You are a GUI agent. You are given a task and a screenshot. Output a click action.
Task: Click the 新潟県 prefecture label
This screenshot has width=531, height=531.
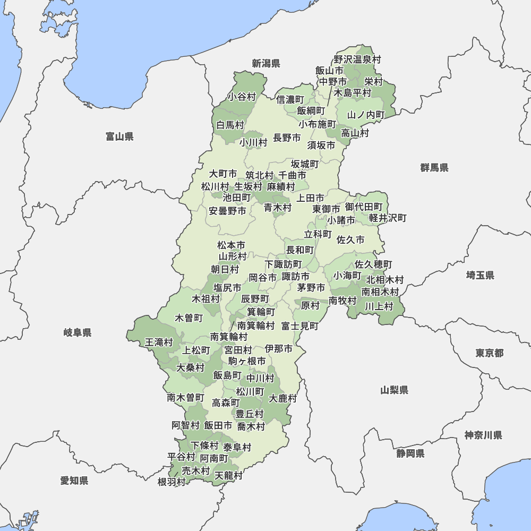(x=265, y=64)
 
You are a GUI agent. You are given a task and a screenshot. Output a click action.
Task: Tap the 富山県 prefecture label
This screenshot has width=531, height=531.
(x=119, y=137)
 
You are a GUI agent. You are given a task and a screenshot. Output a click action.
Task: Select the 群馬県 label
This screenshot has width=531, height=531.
(x=434, y=168)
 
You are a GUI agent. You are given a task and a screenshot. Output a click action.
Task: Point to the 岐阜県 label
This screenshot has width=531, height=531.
(x=78, y=333)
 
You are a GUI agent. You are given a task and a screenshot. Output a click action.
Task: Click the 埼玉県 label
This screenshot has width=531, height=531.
(x=480, y=275)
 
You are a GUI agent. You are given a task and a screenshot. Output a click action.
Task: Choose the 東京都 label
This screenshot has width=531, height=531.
(x=489, y=353)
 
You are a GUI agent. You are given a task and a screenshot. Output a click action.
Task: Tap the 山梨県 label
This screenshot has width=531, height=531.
(x=394, y=390)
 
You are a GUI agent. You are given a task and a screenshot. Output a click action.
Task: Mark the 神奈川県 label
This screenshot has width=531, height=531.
(x=483, y=435)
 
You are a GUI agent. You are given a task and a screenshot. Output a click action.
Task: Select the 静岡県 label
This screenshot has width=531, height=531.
(x=410, y=453)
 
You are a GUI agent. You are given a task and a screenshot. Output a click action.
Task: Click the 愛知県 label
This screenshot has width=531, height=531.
(x=74, y=481)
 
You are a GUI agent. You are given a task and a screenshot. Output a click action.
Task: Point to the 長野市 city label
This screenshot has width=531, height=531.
(x=287, y=138)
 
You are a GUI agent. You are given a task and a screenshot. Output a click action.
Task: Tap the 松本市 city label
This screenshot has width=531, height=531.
(x=232, y=245)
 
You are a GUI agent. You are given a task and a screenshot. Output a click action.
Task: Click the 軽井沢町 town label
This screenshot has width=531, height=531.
(x=388, y=218)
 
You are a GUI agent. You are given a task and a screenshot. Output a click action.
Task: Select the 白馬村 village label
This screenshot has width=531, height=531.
(x=230, y=125)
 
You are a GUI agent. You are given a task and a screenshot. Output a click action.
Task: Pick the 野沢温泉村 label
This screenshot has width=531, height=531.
(x=357, y=59)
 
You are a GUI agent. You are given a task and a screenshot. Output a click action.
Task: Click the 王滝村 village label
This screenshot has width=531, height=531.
(x=159, y=342)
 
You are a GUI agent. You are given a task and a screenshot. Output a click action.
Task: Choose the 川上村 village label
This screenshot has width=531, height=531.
(x=379, y=306)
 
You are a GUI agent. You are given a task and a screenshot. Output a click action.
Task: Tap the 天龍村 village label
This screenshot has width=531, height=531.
(x=228, y=475)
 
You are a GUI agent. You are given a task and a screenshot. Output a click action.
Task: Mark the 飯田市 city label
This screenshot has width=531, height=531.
(x=218, y=425)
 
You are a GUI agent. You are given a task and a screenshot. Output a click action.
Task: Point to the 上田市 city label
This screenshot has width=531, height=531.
(x=310, y=198)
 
